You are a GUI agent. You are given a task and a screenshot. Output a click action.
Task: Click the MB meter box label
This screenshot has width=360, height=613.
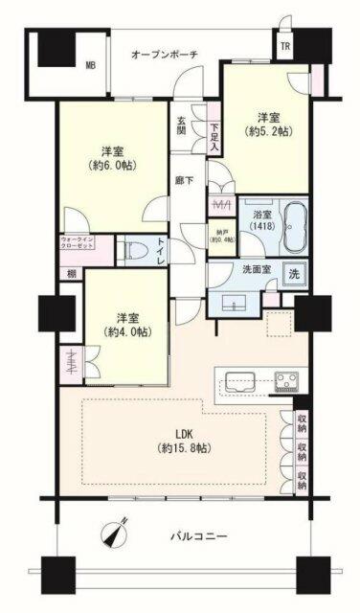90,65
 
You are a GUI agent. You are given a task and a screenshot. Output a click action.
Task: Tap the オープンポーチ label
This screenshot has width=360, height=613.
165,54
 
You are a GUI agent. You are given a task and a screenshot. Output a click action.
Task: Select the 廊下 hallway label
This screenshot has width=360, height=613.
181,178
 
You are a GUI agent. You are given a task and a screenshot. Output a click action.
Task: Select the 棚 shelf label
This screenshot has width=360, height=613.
72,275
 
